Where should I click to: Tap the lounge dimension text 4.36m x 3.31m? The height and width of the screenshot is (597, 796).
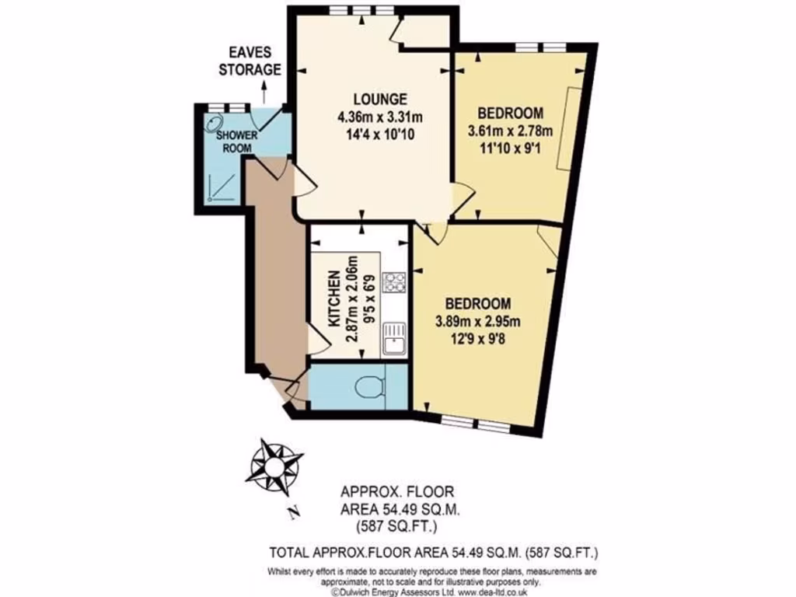[379, 117]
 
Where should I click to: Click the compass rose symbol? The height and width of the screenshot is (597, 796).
[274, 466]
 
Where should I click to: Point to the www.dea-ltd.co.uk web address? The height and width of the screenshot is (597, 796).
[487, 591]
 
